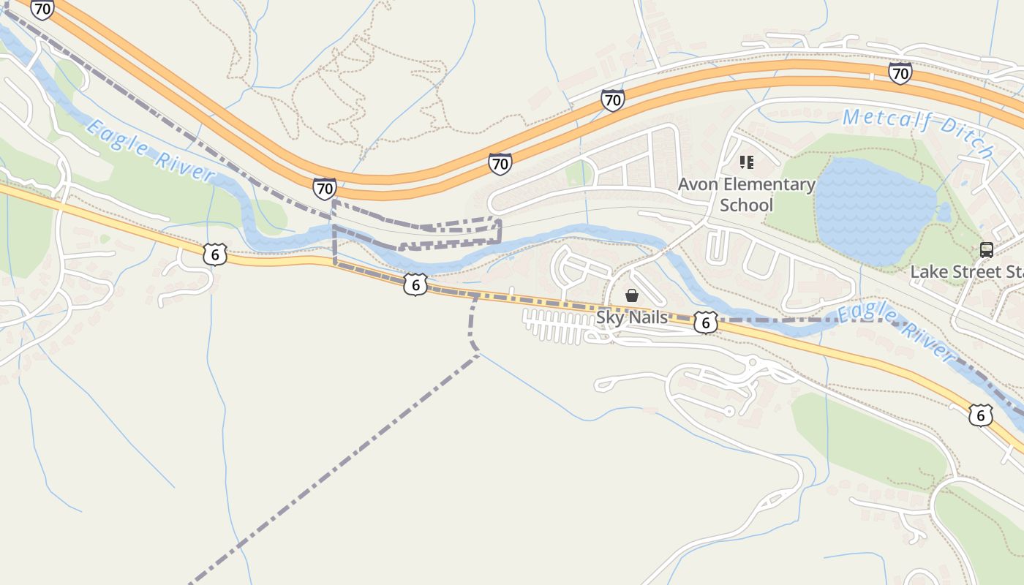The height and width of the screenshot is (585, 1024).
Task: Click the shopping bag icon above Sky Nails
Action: click(x=632, y=295)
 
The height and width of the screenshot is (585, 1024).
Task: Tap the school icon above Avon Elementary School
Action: click(x=746, y=162)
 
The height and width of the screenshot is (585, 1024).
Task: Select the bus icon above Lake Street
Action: click(x=986, y=250)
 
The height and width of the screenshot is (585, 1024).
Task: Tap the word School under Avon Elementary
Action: click(x=746, y=205)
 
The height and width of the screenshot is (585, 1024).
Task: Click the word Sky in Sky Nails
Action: click(x=610, y=317)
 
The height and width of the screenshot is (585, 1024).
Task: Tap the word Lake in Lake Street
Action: click(x=928, y=272)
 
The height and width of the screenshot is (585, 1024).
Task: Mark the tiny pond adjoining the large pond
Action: click(x=944, y=212)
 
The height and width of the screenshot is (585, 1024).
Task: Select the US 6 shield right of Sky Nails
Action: click(x=705, y=322)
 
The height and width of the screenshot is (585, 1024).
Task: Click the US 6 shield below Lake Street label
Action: click(x=980, y=415)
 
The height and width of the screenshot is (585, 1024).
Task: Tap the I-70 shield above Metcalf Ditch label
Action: click(x=900, y=73)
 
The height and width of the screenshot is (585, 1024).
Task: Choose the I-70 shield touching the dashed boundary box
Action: click(x=325, y=189)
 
